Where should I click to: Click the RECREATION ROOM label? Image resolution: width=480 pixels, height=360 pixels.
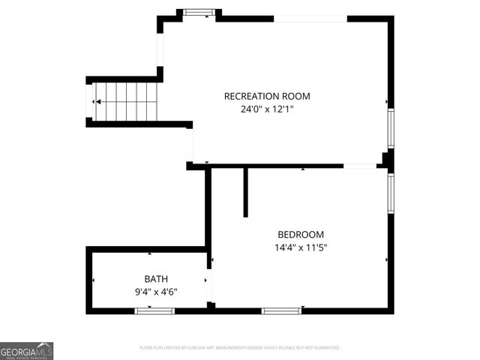click(267, 96)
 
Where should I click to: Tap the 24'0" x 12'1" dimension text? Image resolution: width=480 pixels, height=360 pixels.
click(267, 109)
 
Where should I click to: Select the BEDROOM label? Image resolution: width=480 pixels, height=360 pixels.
click(301, 234)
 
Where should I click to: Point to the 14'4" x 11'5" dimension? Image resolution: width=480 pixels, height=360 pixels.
click(301, 247)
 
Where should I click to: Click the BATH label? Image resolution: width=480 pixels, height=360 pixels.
click(157, 279)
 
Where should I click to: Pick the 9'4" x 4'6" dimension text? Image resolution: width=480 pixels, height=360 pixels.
click(156, 292)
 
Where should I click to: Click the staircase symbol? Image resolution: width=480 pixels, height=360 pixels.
click(125, 101)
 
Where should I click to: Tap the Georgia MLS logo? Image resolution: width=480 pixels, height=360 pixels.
click(26, 350)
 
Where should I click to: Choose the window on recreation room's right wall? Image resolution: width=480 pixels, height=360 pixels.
click(390, 128)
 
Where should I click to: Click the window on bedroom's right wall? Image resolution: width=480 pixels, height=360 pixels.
click(390, 193)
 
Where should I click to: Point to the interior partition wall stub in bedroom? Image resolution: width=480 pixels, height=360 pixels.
click(245, 192)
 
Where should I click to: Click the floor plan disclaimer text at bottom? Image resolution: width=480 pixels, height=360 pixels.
click(240, 348)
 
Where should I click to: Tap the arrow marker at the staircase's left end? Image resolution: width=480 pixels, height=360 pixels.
click(95, 101)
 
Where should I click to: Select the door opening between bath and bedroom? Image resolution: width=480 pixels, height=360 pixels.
click(209, 286)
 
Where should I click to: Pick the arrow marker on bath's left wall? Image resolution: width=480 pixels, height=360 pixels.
click(93, 280)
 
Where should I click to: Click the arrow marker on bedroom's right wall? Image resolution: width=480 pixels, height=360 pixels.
click(386, 260)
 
